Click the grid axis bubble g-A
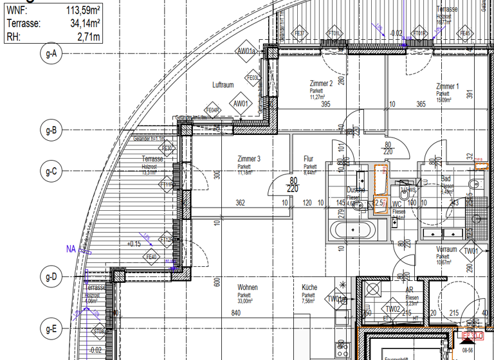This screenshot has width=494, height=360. point(51,54)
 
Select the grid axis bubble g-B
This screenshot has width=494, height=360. point(51,131)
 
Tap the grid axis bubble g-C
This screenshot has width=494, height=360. point(51,172)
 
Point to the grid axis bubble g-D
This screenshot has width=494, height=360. point(51,278)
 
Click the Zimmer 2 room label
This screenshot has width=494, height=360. point(321,84)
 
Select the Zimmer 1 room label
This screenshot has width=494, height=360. point(447,86)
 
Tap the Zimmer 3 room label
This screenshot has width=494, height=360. point(249,159)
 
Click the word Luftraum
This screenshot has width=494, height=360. point(223,85)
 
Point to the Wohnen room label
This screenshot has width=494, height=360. point(248,288)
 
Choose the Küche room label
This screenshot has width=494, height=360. point(309,288)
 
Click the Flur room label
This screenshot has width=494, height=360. point(309,159)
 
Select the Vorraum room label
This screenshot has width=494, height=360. point(446,249)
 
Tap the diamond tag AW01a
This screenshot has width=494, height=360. point(246,51)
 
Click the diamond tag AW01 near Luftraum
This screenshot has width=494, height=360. point(241,103)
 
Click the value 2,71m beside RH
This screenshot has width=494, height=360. point(89,36)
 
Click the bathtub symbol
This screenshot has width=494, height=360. point(352,230)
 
